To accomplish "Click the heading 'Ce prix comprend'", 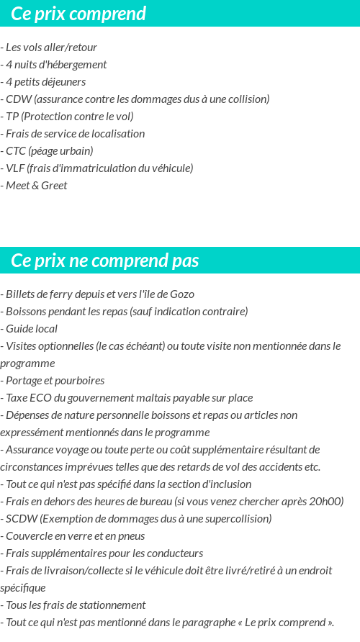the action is click(78, 14).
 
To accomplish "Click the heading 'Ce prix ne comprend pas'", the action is click(105, 261).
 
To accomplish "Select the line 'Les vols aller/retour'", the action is click(51, 48).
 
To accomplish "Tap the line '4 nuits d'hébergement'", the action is click(55, 65).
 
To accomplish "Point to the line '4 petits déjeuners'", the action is click(45, 82).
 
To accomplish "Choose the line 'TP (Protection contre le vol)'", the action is click(69, 117).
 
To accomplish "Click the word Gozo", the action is click(182, 294).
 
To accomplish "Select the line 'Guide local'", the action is click(32, 329).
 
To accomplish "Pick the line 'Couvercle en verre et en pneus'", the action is click(75, 536).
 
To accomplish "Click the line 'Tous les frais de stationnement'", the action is click(75, 605).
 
